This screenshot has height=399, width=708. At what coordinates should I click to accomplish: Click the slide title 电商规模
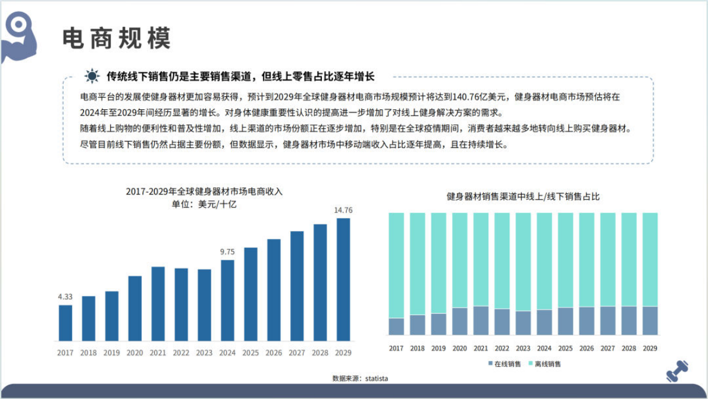click(x=117, y=38)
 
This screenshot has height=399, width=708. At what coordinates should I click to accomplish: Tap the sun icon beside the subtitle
click(x=92, y=76)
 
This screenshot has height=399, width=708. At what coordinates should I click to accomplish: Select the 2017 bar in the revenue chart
click(x=65, y=323)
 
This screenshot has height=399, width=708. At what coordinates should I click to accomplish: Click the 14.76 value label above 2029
click(x=343, y=210)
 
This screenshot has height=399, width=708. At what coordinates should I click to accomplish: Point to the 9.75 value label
click(x=227, y=252)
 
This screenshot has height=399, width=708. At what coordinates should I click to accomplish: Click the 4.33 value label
click(x=65, y=297)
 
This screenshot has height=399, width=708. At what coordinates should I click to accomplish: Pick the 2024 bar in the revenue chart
click(x=227, y=300)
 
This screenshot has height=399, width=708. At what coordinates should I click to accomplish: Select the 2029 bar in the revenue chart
click(x=343, y=279)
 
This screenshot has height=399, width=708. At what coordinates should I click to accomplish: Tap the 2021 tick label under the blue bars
click(x=158, y=353)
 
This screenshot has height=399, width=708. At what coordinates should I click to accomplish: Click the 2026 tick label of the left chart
click(x=274, y=353)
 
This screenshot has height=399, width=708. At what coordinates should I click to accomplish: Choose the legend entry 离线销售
click(x=544, y=364)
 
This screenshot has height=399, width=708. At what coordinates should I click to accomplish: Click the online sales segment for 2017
click(x=396, y=326)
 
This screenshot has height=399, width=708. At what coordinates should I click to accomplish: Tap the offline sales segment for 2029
click(x=650, y=259)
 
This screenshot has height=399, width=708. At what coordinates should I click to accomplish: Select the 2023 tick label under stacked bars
click(x=523, y=348)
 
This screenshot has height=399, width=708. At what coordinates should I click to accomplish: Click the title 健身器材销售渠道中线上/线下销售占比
click(x=523, y=196)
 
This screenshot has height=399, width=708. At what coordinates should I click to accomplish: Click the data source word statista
click(x=377, y=378)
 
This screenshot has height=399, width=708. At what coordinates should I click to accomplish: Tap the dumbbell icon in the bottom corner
click(x=676, y=371)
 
